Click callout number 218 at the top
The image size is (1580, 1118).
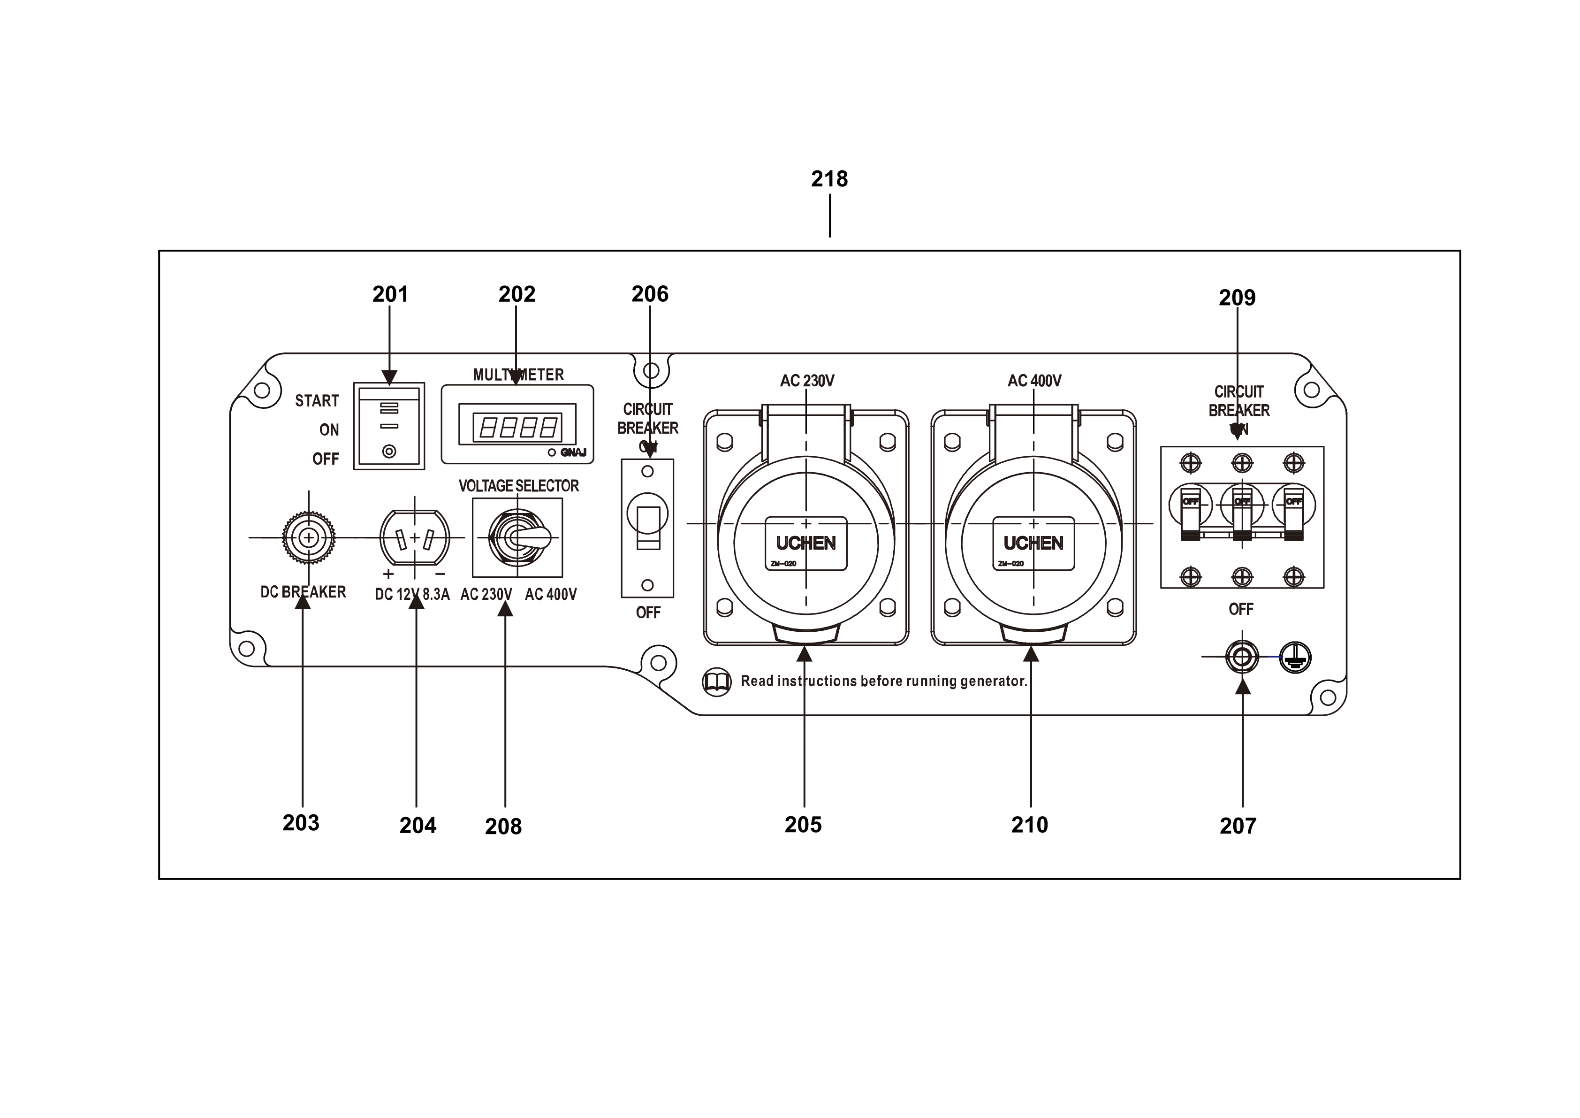point(829,179)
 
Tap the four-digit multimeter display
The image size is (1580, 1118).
point(517,428)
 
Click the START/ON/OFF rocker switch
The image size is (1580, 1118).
point(389,426)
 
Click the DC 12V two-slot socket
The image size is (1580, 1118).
point(414,538)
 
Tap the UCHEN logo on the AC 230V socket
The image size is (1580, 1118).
point(806,543)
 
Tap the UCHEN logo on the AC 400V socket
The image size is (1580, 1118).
point(1033,543)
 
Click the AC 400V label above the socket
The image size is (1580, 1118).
point(1034,381)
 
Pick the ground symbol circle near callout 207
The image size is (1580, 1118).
point(1295,658)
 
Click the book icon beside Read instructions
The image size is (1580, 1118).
point(716,682)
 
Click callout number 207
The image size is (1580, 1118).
point(1238,826)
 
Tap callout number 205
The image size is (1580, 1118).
point(803,824)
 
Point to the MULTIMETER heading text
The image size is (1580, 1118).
point(518,375)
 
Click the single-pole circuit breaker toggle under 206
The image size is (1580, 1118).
point(647,528)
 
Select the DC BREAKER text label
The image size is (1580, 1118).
point(303,592)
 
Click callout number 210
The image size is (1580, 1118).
point(1029,824)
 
